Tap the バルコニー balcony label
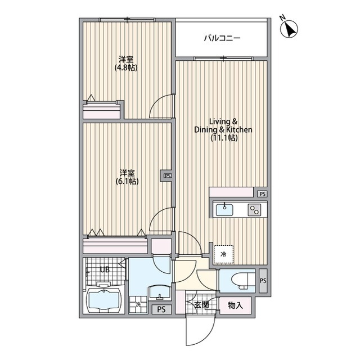tap(222, 39)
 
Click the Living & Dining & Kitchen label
tap(223, 129)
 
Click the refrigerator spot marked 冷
tap(223, 254)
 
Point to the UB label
tap(105, 269)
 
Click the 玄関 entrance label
tap(201, 305)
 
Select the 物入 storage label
tap(235, 305)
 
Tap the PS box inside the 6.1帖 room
tap(167, 175)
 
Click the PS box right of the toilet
tap(263, 281)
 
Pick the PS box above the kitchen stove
tap(262, 194)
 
